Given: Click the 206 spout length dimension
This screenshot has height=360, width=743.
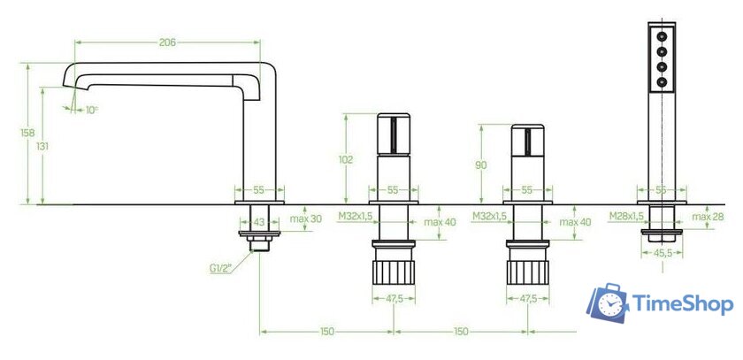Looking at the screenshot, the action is click(167, 42).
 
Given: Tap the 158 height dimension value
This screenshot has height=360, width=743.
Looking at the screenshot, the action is click(28, 133).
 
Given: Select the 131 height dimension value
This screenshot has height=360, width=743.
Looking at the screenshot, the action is click(42, 146).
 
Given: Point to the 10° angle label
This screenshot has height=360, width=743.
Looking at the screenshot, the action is click(91, 110).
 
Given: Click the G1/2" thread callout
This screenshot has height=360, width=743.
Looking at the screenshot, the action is click(220, 269).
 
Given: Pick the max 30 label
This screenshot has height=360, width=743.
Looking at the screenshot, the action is click(306, 218).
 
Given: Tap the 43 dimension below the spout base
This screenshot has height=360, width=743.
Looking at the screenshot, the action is click(258, 221).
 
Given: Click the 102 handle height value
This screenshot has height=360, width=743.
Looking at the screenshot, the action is click(347, 160).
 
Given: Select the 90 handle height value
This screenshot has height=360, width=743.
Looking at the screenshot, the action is click(481, 165).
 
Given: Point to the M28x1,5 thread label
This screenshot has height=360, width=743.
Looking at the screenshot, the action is click(626, 217).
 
